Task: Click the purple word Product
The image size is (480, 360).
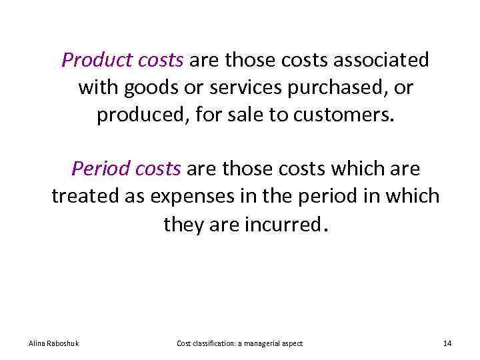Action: (x=88, y=61)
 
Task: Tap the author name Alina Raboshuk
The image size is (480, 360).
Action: (x=54, y=343)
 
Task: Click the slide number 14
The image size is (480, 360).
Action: (x=447, y=343)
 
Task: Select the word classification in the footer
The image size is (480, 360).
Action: (x=213, y=343)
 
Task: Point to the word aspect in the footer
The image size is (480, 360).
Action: (x=293, y=343)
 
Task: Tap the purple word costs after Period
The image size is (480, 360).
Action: (x=158, y=169)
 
